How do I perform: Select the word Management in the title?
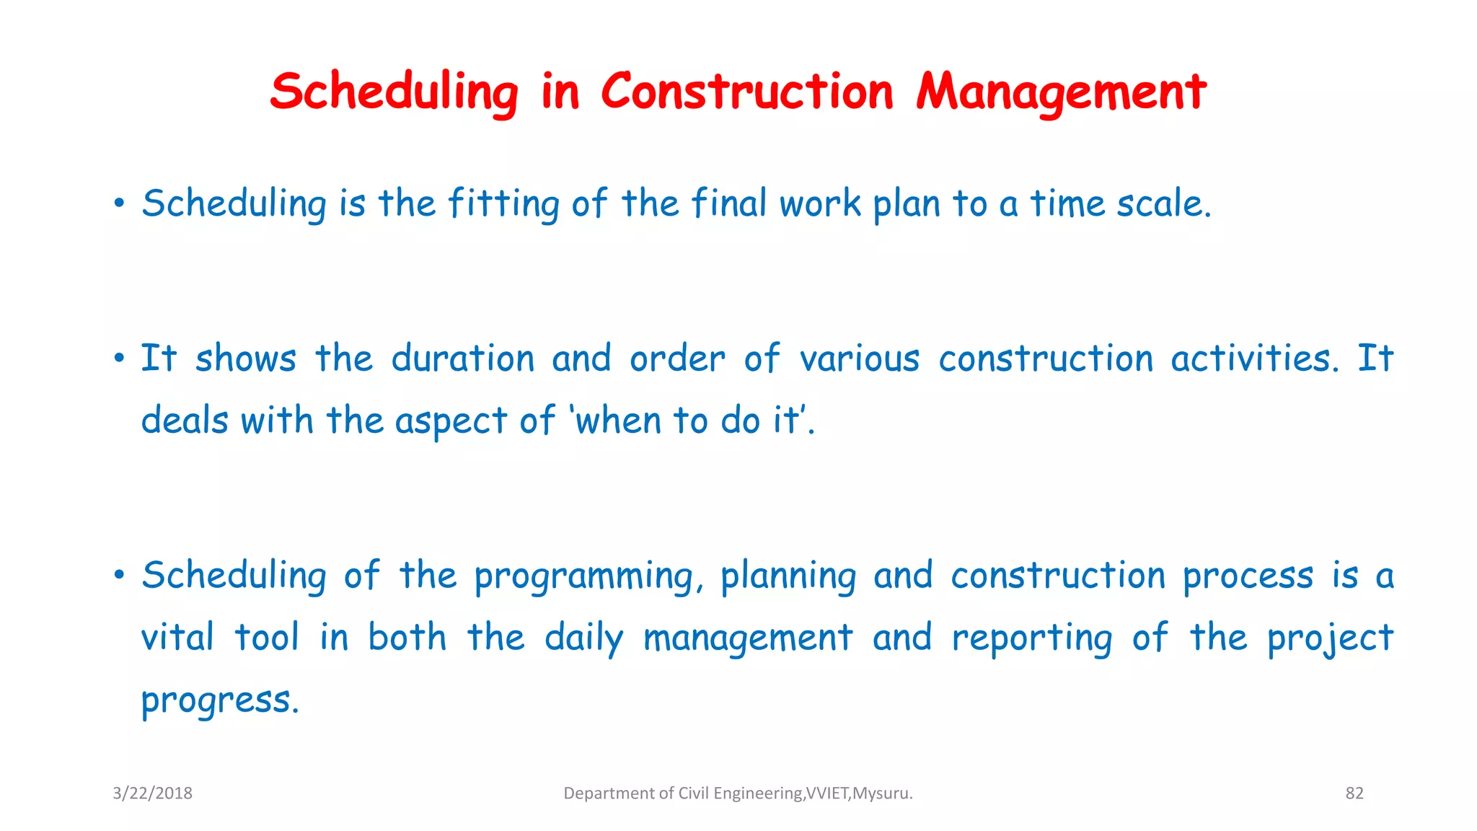tap(1061, 92)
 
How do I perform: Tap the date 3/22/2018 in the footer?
tap(152, 793)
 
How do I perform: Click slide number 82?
tap(1354, 793)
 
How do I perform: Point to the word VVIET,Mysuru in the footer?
tap(858, 793)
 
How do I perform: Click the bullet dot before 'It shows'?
tap(119, 359)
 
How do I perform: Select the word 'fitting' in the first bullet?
tap(503, 203)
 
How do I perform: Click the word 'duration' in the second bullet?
tap(462, 359)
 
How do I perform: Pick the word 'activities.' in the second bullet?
tap(1254, 359)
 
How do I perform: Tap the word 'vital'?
tap(177, 638)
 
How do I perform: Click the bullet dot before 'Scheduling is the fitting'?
tap(119, 203)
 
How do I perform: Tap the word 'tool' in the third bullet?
tap(266, 638)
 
